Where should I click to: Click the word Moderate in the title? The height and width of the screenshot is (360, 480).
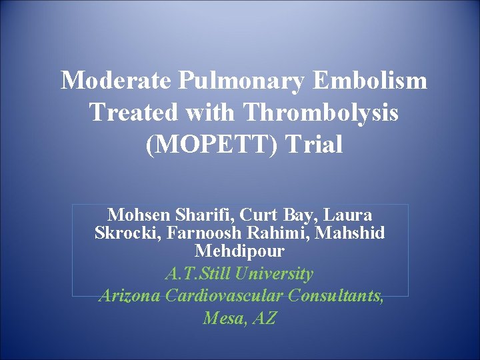coord(117,81)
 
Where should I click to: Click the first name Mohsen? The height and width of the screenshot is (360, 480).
coord(137,215)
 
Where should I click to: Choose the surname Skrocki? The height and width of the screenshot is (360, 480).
coord(125,234)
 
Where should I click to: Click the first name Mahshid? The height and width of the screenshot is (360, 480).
coord(352,234)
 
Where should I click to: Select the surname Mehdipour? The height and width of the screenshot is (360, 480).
coord(240,252)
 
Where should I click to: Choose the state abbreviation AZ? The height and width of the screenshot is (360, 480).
coord(263,319)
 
